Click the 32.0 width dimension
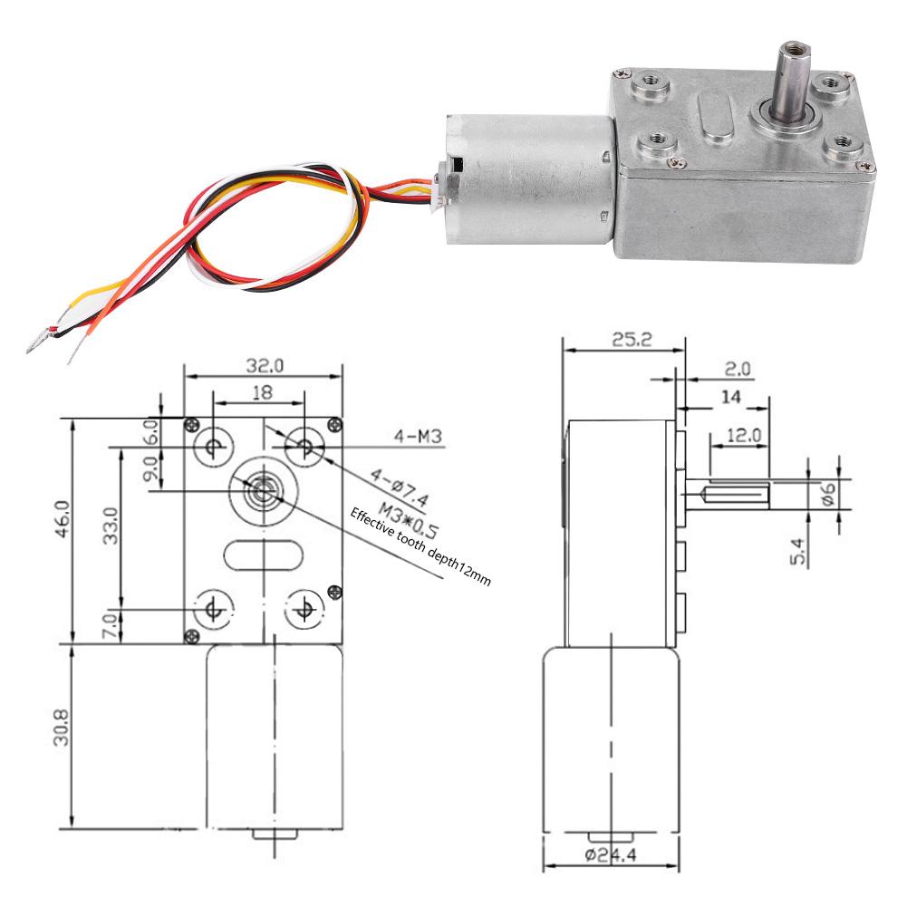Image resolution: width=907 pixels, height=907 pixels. pos(265,366)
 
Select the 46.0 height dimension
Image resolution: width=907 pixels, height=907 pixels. pos(63,519)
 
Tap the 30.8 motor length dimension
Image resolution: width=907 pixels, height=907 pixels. pos(62,728)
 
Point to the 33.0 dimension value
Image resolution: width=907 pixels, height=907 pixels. pos(110,526)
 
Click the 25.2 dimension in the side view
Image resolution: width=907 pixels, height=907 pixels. pos(632,340)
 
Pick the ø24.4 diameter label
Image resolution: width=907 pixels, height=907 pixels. pos(611,854)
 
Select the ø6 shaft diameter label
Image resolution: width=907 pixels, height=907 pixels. pos(829,494)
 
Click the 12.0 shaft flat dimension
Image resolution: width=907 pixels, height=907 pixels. pos(744,435)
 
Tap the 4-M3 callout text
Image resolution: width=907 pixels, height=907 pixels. pos(419,436)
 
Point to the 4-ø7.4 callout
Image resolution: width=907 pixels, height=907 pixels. pos(400,487)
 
